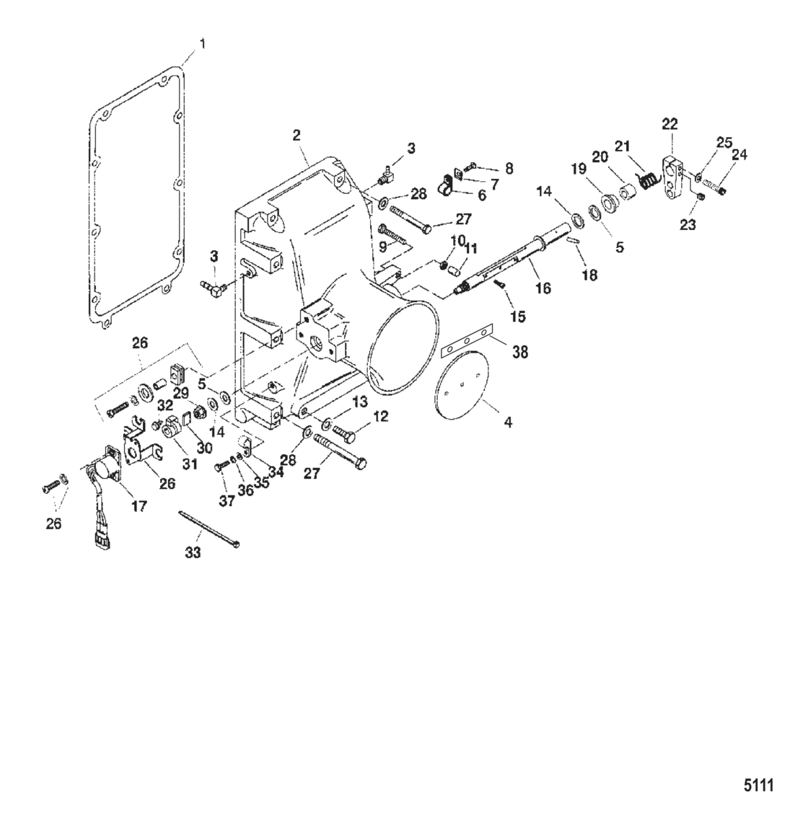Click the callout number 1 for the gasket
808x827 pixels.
202,44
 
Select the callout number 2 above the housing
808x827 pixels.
297,135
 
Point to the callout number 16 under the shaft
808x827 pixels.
543,288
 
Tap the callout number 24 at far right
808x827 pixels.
739,154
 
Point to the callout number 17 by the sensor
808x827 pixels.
139,506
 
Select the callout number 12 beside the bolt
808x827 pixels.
381,416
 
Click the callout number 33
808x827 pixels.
193,553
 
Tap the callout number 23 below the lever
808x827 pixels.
688,224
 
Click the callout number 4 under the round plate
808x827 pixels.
508,423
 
